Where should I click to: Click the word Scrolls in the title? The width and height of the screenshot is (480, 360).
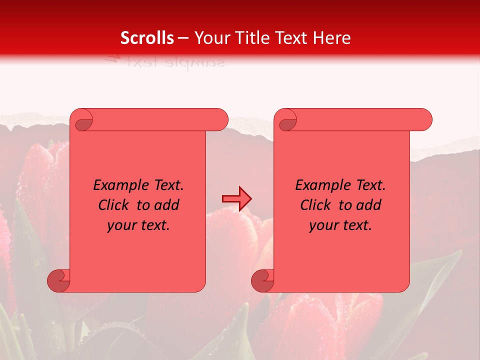147,38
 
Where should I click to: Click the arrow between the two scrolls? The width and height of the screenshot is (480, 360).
236,199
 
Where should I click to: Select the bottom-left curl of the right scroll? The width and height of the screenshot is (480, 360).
263,280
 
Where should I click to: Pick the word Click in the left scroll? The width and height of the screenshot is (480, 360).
115,205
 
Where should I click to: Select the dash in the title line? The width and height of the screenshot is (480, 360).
183,38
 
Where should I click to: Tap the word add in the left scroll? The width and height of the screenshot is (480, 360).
167,205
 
